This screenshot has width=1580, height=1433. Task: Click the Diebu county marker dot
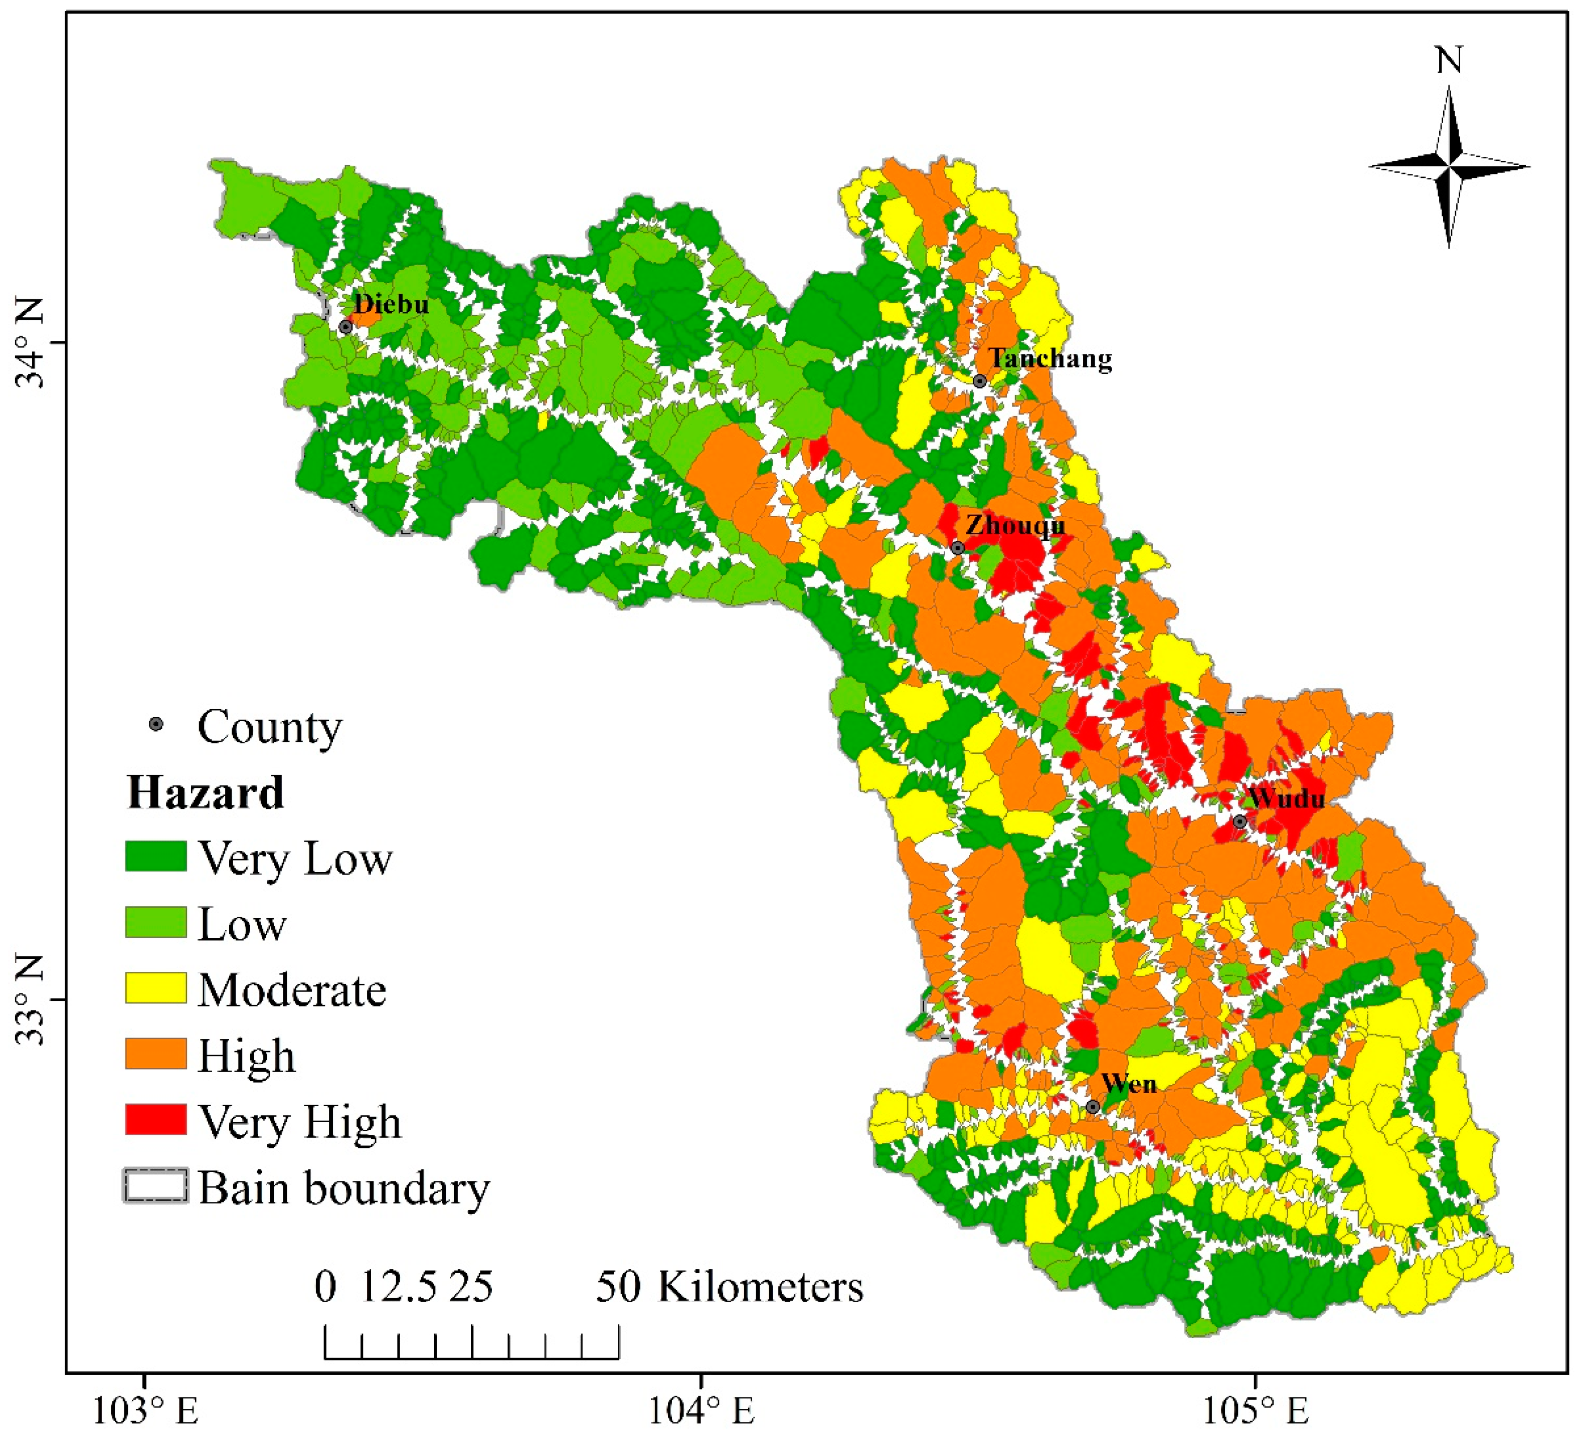click(345, 327)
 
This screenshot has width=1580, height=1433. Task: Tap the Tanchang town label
click(1049, 359)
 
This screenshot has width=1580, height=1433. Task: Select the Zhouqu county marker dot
click(957, 548)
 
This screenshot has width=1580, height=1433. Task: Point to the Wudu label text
click(1286, 798)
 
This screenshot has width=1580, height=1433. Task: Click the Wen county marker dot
click(1093, 1106)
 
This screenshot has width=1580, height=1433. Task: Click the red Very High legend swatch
click(156, 1119)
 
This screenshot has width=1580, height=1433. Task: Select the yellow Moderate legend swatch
click(156, 988)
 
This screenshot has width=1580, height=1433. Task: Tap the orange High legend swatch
click(156, 1054)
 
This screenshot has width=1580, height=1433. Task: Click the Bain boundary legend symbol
click(156, 1185)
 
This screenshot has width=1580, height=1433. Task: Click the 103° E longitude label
click(146, 1410)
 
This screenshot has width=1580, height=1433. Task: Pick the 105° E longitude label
click(1256, 1410)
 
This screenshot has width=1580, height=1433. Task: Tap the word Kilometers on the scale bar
click(760, 1287)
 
